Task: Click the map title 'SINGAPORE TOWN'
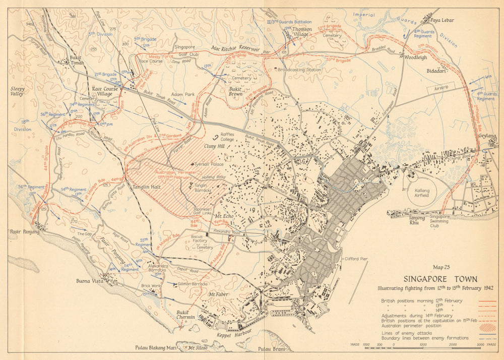[440, 279]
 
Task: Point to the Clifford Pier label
[356, 259]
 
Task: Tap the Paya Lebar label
[442, 20]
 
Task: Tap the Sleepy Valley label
[18, 91]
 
